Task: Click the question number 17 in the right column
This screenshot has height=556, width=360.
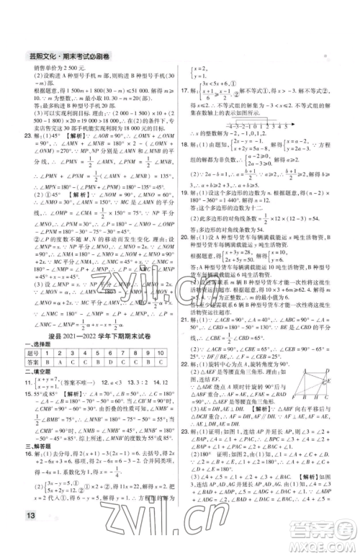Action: click(x=184, y=91)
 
